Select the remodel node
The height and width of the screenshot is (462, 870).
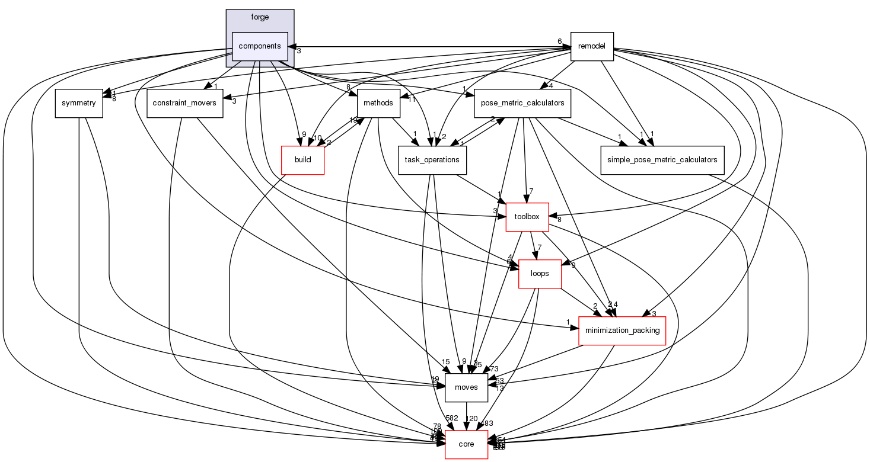(591, 46)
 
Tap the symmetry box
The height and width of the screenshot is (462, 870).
(79, 103)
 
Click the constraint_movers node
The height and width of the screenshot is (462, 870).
(184, 103)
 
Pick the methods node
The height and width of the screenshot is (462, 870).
(378, 103)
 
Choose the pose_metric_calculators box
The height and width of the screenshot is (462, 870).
(522, 103)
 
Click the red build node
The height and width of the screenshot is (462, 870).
(302, 160)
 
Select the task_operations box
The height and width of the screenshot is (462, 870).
(432, 160)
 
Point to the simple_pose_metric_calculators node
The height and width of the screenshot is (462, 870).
(662, 160)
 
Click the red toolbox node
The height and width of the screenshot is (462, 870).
(527, 217)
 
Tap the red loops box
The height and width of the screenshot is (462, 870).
(540, 274)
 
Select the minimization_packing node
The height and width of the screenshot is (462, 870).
(622, 331)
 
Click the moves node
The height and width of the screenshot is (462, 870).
(466, 387)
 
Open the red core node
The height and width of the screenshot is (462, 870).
(466, 444)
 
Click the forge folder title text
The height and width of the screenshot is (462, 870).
(260, 17)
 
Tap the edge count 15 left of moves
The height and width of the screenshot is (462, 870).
(445, 362)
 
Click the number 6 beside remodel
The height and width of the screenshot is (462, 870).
(559, 41)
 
